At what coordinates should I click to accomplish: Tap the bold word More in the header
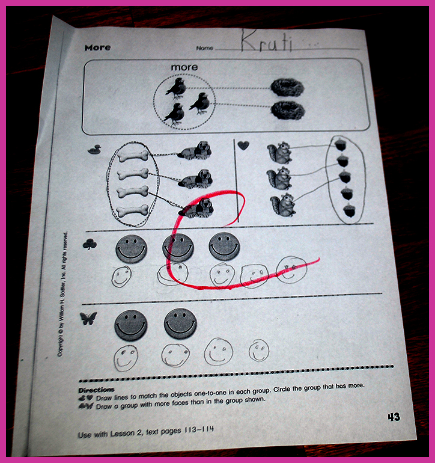point(97,48)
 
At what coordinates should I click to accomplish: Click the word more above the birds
point(184,67)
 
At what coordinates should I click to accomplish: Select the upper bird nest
point(287,87)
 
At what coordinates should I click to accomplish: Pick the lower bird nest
point(288,111)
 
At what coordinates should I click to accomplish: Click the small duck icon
point(94,149)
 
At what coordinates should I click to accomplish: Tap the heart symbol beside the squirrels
point(243,146)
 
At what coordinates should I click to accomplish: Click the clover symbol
point(90,245)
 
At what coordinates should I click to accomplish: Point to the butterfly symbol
point(88,318)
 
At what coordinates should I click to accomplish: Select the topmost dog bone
point(133,155)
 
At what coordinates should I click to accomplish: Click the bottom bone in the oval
point(133,210)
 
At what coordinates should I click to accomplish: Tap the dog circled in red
point(196,208)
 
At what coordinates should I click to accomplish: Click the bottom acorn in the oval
point(350,210)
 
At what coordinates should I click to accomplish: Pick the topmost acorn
point(341,144)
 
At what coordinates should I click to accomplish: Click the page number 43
point(394,417)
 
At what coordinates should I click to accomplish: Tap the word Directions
point(96,390)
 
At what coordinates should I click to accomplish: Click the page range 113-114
point(199,429)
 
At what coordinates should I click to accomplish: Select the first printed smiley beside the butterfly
point(130,325)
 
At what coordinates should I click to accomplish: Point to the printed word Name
point(204,48)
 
